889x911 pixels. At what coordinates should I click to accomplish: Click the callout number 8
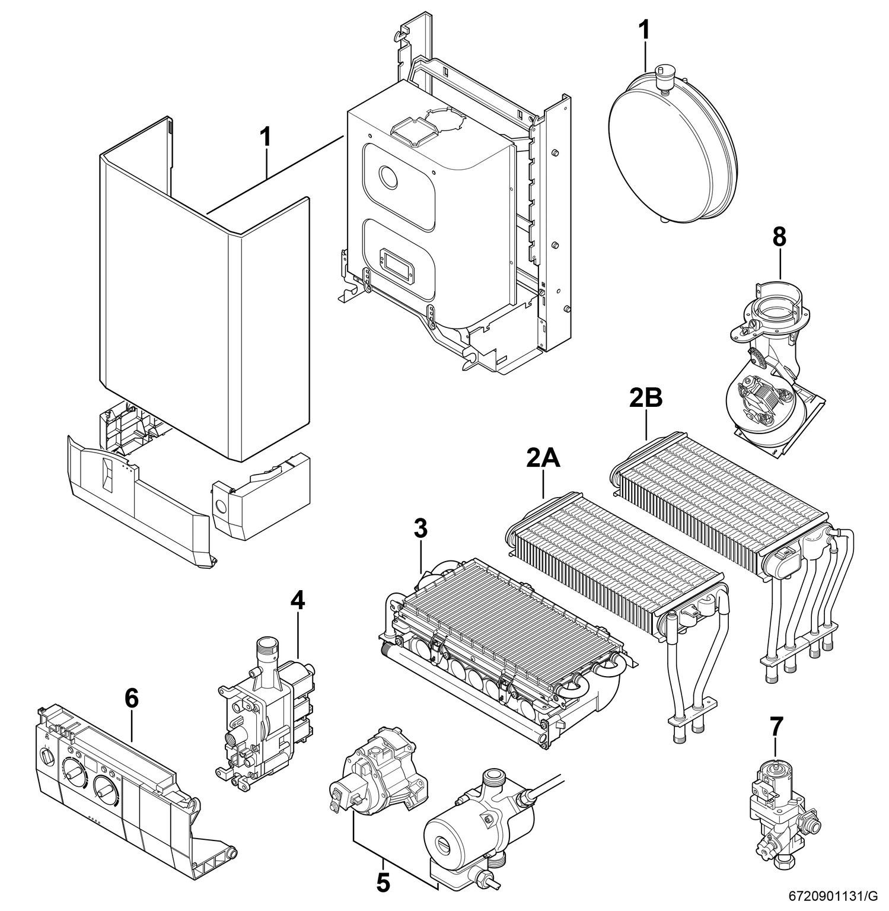[779, 237]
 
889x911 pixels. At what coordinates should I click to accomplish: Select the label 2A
[543, 458]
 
